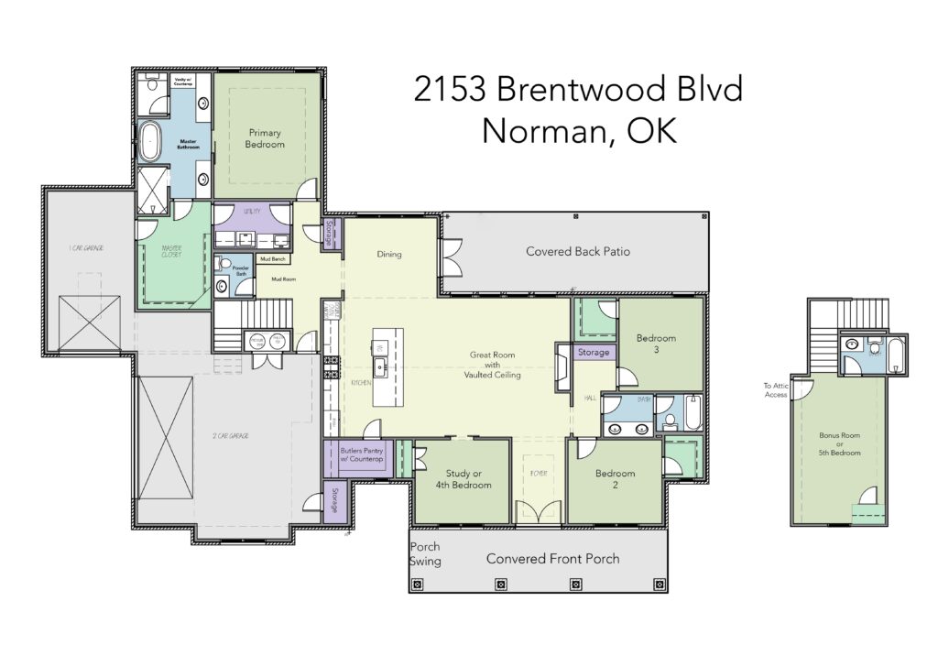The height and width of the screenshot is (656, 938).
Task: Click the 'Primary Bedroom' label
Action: [265, 138]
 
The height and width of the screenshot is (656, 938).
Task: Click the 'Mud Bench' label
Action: [272, 259]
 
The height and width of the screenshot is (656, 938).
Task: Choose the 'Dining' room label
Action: [388, 254]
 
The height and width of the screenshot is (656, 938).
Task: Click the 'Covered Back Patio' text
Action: [577, 251]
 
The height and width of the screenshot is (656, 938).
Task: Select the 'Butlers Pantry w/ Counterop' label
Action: [362, 454]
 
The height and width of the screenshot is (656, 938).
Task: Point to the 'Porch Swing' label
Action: [425, 554]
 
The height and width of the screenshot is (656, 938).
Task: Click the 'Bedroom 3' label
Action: [656, 344]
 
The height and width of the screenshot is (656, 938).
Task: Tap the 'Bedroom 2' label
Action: [615, 479]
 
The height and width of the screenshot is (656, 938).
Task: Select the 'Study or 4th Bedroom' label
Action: [461, 479]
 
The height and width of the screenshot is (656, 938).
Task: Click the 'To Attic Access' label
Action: [775, 391]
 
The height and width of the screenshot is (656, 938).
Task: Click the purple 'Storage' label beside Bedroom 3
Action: [594, 352]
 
